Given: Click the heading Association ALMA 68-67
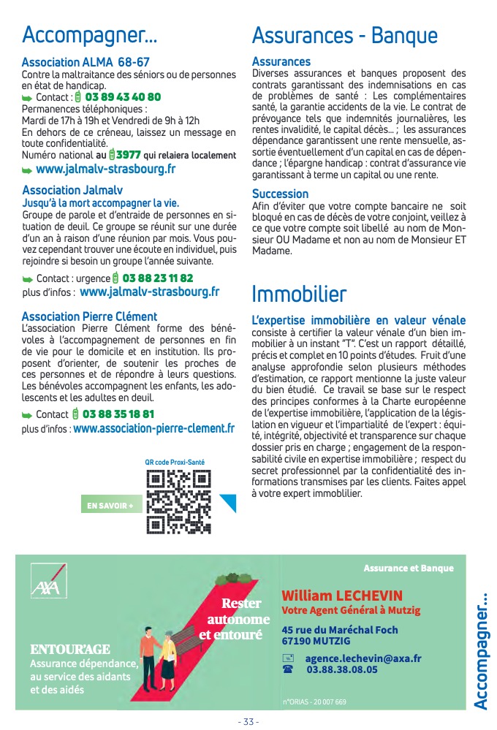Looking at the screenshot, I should pyautogui.click(x=86, y=63).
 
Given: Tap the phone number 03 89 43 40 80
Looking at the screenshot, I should pyautogui.click(x=123, y=97).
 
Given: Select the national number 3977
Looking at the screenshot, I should pyautogui.click(x=129, y=155).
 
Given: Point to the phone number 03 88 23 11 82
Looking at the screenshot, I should pyautogui.click(x=157, y=278).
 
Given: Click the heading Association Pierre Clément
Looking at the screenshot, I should pyautogui.click(x=89, y=316).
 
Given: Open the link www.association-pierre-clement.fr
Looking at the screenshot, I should pyautogui.click(x=153, y=429).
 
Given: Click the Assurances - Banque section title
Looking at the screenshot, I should pyautogui.click(x=344, y=35).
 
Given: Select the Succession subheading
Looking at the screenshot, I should pyautogui.click(x=280, y=194).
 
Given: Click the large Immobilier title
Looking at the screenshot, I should pyautogui.click(x=299, y=294).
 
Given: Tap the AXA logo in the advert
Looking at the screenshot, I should pyautogui.click(x=45, y=587).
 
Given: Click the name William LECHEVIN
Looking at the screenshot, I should pyautogui.click(x=342, y=594).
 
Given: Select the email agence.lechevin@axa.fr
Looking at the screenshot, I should pyautogui.click(x=363, y=658).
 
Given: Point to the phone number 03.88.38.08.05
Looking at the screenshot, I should pyautogui.click(x=342, y=669).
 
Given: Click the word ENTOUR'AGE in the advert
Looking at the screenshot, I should pyautogui.click(x=70, y=649).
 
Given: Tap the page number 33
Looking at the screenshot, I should pyautogui.click(x=248, y=722).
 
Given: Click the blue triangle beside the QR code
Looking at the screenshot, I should pyautogui.click(x=228, y=503).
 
